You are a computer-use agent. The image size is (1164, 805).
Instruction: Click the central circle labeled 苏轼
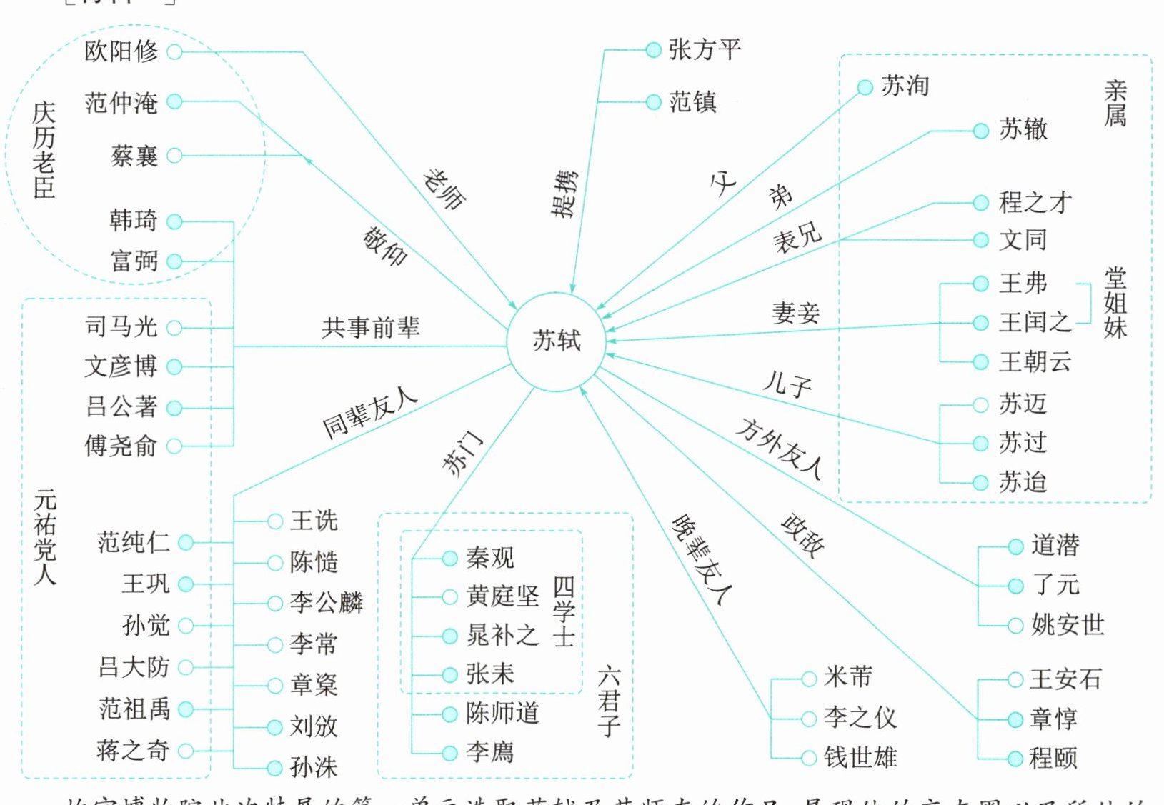point(556,341)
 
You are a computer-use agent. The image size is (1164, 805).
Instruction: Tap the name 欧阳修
point(121,51)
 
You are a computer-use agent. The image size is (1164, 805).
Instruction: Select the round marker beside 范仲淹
point(175,102)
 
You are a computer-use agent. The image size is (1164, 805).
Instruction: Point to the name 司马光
point(121,327)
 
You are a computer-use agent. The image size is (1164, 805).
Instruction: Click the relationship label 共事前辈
point(370,328)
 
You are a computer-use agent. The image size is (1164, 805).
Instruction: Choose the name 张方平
point(705,50)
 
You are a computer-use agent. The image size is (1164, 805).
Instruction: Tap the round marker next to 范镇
point(653,102)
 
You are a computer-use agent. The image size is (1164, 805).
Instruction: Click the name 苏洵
point(905,86)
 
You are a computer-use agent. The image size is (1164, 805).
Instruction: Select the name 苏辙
point(1023,129)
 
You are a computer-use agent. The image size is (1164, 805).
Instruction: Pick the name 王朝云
point(1035,361)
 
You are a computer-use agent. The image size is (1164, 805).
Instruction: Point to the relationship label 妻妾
point(795,313)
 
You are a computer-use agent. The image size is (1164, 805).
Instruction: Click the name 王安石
point(1065,679)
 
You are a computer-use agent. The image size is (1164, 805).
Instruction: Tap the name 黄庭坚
point(502,596)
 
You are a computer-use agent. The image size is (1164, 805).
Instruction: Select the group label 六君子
point(609,701)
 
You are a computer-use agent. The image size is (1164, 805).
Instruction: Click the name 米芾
point(848,677)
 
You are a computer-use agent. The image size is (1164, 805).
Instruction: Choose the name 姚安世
point(1068,625)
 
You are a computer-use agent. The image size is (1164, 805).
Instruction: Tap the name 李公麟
point(327,603)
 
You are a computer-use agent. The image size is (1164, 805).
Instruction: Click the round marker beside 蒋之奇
point(186,751)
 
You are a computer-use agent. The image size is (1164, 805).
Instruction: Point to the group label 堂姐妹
point(1115,303)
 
